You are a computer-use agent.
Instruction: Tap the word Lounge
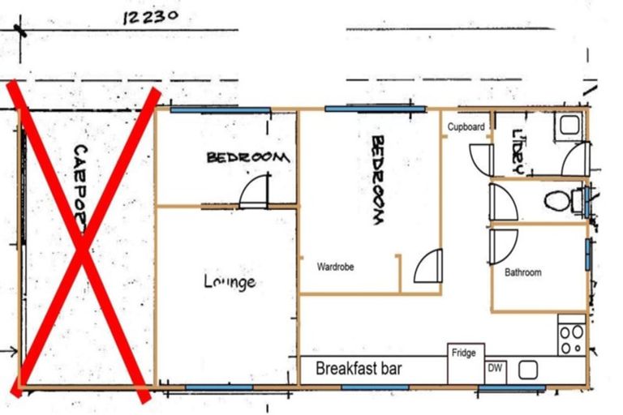pos(230,282)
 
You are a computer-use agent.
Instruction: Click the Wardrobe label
pos(335,266)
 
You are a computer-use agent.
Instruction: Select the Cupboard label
pos(466,127)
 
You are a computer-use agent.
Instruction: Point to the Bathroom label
pos(522,272)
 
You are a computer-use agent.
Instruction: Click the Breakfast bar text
pos(359,370)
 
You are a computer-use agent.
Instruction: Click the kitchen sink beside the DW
pos(529,370)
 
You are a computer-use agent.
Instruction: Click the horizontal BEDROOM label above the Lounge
pos(247,157)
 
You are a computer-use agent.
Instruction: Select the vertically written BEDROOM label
pos(377,179)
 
